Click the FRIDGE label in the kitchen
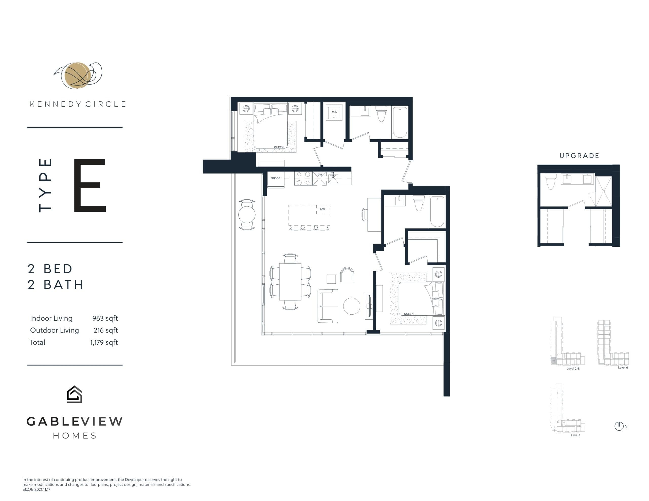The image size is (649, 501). click(x=275, y=178)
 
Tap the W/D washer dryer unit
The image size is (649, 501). click(x=334, y=112)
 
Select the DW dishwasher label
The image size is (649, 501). click(x=319, y=175)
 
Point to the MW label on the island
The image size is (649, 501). click(x=322, y=209)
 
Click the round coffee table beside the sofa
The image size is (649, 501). click(x=352, y=306)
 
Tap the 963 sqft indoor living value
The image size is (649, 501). click(x=105, y=318)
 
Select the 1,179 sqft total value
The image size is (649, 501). click(x=104, y=342)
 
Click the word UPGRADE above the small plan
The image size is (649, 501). click(x=579, y=156)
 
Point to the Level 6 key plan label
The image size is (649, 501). click(x=623, y=368)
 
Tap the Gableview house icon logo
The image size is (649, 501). click(x=74, y=394)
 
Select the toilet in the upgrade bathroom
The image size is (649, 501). click(x=551, y=181)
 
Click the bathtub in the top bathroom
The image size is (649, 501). click(x=400, y=122)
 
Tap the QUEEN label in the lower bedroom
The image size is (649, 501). click(x=409, y=314)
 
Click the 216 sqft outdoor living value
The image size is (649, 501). click(x=105, y=330)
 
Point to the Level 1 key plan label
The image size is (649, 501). click(x=575, y=435)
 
